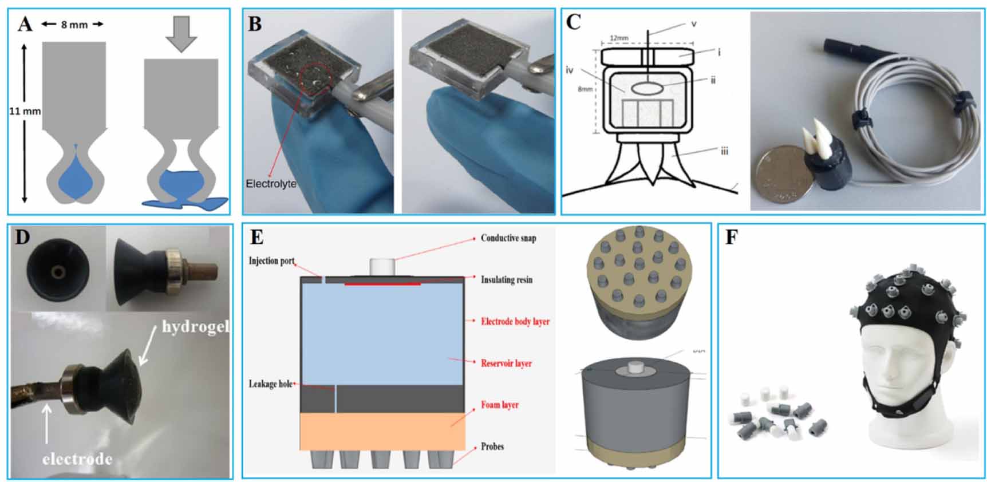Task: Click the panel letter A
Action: coord(25,24)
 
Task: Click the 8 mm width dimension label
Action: coord(74,25)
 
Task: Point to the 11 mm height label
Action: coord(25,111)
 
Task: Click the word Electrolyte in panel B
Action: coord(271,184)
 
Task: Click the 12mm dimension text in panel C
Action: coord(619,38)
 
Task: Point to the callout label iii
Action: coord(724,151)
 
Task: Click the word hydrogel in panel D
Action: coord(195,327)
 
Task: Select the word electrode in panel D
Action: coord(77,459)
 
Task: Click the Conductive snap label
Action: coord(508,238)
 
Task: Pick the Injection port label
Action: coord(271,261)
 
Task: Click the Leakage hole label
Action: coord(271,384)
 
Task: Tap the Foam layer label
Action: coord(499,405)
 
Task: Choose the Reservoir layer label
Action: coord(506,363)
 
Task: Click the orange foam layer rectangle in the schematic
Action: coord(382,431)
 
